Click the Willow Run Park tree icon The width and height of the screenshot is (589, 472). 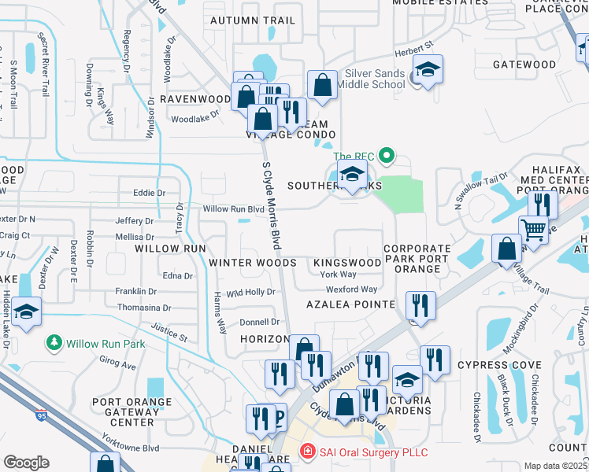pyautogui.click(x=54, y=343)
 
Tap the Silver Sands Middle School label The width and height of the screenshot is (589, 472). pyautogui.click(x=371, y=79)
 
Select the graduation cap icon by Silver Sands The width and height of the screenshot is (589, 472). pyautogui.click(x=428, y=72)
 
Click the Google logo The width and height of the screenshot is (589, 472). pyautogui.click(x=26, y=463)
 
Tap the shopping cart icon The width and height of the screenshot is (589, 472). pyautogui.click(x=534, y=230)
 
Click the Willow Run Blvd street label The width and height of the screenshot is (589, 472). pyautogui.click(x=233, y=209)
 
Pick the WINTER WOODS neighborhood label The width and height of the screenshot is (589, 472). pyautogui.click(x=252, y=263)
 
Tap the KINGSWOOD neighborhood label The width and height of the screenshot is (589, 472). pyautogui.click(x=347, y=262)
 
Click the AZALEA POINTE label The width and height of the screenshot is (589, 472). pyautogui.click(x=351, y=304)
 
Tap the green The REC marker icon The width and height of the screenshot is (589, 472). pyautogui.click(x=386, y=156)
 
